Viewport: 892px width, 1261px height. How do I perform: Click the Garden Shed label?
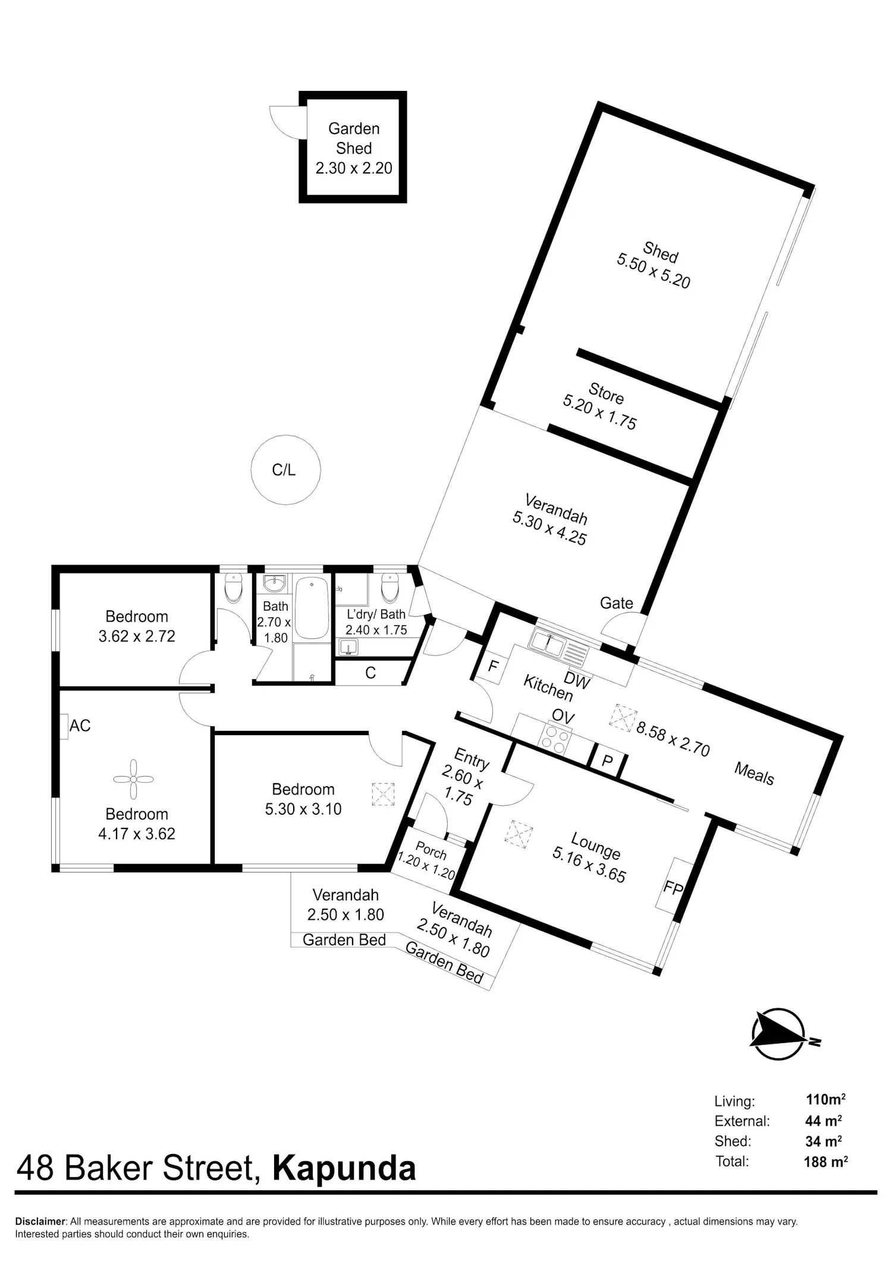tap(354, 138)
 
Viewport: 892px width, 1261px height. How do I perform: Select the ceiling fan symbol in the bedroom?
tap(133, 779)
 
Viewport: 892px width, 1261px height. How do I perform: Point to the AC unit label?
tap(80, 726)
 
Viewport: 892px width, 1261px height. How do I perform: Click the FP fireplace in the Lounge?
tap(674, 887)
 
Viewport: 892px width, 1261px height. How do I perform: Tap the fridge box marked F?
tap(492, 666)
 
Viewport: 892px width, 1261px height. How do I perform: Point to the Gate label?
tap(617, 603)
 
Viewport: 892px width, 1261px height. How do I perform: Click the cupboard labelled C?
tap(370, 673)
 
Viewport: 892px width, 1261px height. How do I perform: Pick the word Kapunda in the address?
tap(344, 1168)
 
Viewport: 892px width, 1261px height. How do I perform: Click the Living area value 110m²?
tap(825, 1099)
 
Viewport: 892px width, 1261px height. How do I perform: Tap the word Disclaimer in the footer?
tap(40, 1222)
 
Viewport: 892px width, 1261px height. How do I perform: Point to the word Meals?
tap(754, 774)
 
